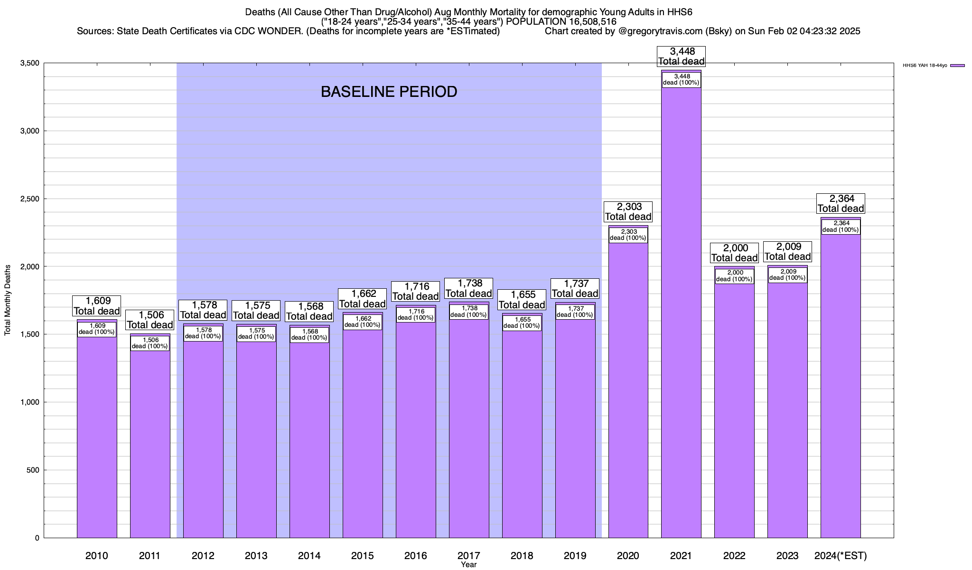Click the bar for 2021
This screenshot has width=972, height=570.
coord(681,332)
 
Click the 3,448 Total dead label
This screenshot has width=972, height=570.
coord(681,56)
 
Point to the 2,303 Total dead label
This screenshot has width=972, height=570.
coord(628,211)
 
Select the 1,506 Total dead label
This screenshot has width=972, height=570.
coord(150,320)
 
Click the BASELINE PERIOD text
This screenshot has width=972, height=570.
coord(389,92)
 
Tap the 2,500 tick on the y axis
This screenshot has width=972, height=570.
coord(30,199)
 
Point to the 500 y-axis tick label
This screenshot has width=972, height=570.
coord(33,470)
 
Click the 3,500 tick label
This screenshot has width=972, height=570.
coord(30,63)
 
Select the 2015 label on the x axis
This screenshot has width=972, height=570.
coord(362,555)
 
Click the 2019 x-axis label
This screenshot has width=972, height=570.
coord(575,555)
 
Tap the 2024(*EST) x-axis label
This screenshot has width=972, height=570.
coord(841,555)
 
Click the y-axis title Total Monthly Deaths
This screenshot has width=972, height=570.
coord(8,300)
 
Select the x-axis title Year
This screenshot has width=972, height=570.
coord(468,565)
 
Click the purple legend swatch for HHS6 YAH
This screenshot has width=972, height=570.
coord(957,66)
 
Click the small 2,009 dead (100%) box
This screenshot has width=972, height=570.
coord(788,275)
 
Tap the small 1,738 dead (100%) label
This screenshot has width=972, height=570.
coord(468,312)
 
